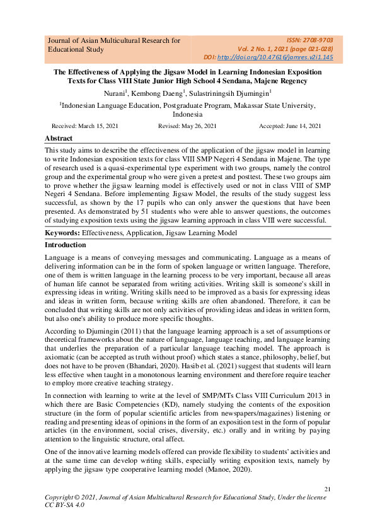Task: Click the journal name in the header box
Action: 114,45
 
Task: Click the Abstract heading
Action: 59,139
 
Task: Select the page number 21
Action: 327,489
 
